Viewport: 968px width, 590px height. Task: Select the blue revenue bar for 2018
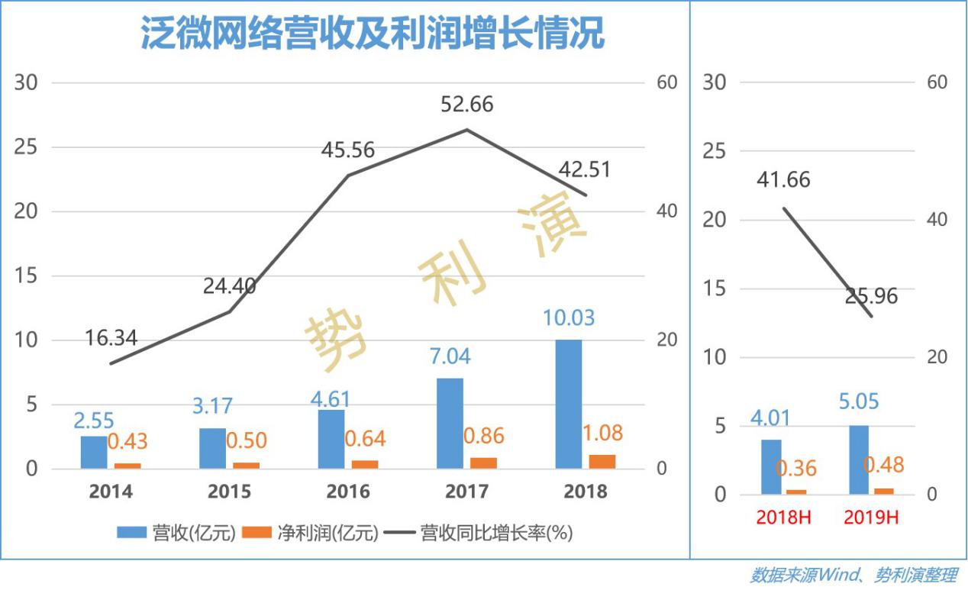(x=568, y=404)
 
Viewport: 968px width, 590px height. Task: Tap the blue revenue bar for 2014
(x=94, y=452)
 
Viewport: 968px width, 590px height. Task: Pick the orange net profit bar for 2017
(x=484, y=463)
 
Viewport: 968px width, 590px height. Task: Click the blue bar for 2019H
(x=859, y=459)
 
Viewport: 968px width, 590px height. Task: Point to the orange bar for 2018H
(x=796, y=492)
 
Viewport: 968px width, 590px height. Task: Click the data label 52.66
(x=467, y=105)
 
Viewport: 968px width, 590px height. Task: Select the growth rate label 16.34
(x=111, y=338)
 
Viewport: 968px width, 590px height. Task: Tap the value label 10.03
(x=568, y=318)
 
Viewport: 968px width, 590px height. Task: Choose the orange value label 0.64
(x=365, y=439)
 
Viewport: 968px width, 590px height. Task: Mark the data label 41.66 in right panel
(x=784, y=180)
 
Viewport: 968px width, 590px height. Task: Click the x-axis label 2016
(x=348, y=492)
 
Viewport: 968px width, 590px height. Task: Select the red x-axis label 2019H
(x=871, y=517)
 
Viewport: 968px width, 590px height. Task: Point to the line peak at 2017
(x=467, y=129)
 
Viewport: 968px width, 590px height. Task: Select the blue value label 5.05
(x=859, y=402)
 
